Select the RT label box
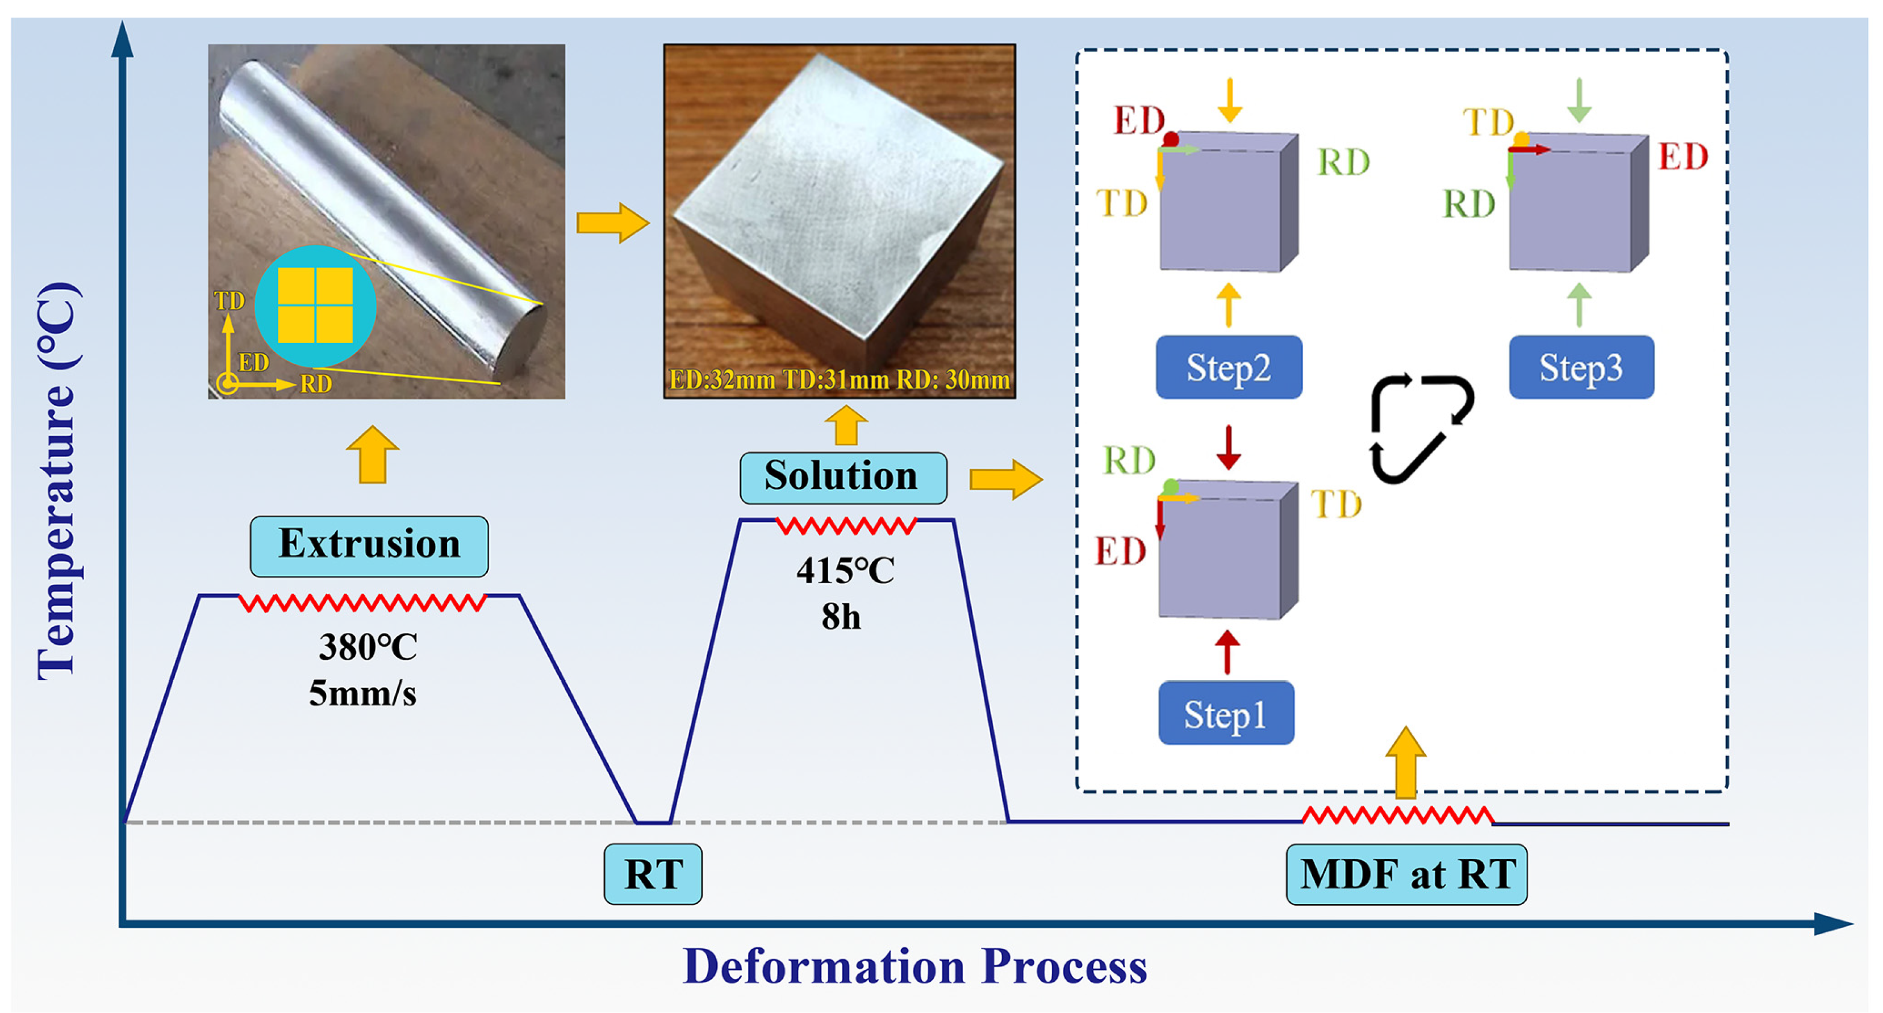tap(653, 874)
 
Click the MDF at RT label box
tap(1406, 874)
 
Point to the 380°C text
tap(368, 647)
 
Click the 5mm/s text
tap(362, 693)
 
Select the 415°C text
tap(845, 571)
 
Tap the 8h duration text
tap(841, 617)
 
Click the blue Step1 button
tap(1226, 713)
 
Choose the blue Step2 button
tap(1229, 367)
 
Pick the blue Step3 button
tap(1581, 367)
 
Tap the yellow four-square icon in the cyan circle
tap(315, 305)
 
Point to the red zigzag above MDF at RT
tap(1397, 815)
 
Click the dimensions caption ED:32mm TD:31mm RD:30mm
tap(839, 380)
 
